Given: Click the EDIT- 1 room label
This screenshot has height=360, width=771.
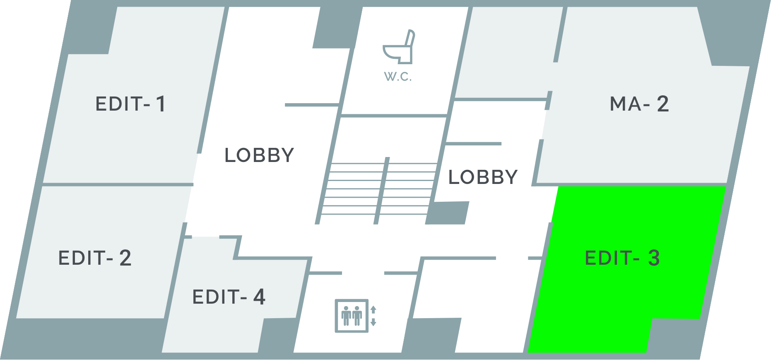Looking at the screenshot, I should pos(130,104).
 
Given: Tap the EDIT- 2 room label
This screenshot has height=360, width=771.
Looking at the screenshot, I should pos(94,258).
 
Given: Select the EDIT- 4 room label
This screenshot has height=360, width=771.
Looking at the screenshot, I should pos(229,297).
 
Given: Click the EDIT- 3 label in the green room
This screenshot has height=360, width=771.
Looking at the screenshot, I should pos(622,258).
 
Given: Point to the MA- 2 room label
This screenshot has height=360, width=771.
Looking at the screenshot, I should pos(639,104).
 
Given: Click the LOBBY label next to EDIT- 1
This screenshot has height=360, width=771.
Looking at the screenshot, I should pos(259,155).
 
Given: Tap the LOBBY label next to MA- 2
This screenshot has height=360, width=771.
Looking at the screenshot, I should pos(483,177).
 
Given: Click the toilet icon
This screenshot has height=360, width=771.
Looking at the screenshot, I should pos(398,47).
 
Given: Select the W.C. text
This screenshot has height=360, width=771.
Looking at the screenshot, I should pos(398,77).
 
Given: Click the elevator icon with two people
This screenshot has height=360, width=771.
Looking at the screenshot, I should pos(352,316).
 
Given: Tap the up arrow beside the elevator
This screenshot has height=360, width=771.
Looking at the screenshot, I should pos(373,309).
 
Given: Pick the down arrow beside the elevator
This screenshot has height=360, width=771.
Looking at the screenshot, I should pos(373,322).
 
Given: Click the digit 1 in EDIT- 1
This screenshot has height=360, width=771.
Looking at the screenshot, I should pos(161,104).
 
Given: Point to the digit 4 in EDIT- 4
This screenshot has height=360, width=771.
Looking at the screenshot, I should pos(259,297).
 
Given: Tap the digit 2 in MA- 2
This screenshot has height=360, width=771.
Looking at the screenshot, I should pos(663,104).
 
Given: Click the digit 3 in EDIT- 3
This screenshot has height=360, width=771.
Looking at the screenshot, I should pos(653,258).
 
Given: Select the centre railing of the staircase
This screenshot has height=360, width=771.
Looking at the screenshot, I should pos(382,191).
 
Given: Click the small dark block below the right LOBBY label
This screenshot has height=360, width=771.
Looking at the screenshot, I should pos(448,213).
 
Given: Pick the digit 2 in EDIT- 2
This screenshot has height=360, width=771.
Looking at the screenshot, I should pos(125,258).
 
